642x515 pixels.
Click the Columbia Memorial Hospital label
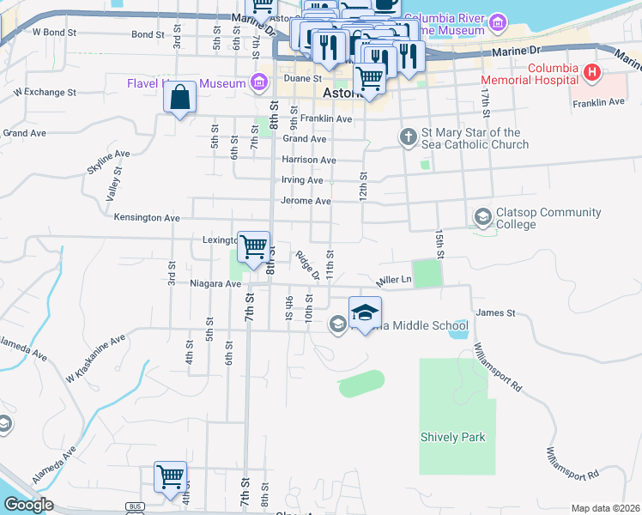click(552, 74)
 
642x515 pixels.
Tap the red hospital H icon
click(591, 73)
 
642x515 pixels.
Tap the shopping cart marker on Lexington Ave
click(253, 247)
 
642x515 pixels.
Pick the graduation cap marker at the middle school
click(365, 312)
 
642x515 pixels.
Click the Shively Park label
click(452, 437)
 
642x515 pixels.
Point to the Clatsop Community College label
click(515, 219)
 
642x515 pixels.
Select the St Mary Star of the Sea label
click(470, 138)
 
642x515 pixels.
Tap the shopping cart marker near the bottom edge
click(171, 477)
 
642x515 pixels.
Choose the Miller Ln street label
click(394, 280)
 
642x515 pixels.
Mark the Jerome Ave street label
click(306, 201)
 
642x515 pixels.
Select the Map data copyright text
click(604, 508)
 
